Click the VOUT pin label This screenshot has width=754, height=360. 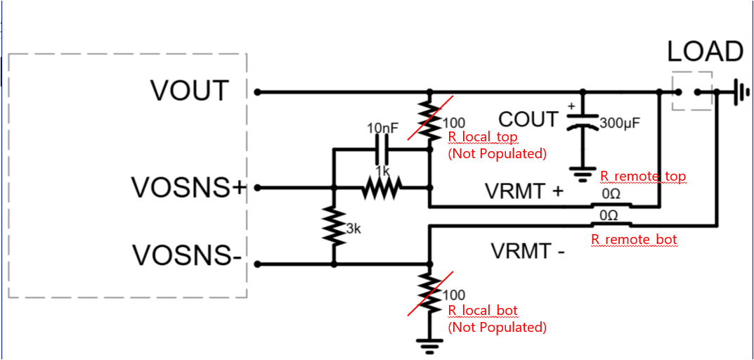coord(190,91)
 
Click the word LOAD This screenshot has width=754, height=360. coord(705,52)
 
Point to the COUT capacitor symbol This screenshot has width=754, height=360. coord(583,122)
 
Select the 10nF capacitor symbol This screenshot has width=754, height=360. coord(382,149)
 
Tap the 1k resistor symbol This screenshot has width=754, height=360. coord(382,187)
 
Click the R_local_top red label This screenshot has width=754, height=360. coord(482,137)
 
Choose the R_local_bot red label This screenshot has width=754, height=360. coord(482,311)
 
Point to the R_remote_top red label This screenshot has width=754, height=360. coord(642,176)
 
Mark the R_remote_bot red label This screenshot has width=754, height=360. coord(634,240)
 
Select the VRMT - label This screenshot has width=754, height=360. coord(528,250)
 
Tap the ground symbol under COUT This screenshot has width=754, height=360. coord(583,172)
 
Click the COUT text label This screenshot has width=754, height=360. coord(528,120)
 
